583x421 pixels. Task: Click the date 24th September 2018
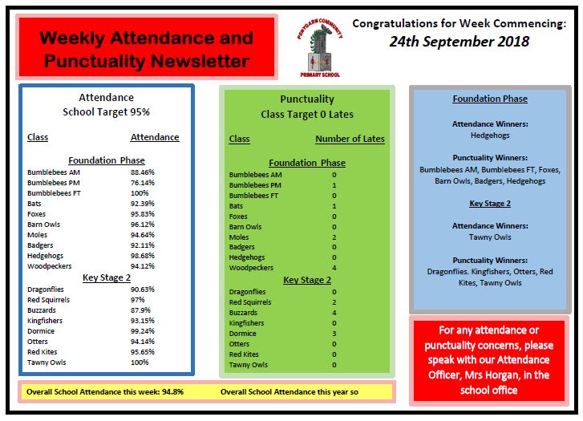pos(460,43)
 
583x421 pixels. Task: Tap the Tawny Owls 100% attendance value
pos(141,362)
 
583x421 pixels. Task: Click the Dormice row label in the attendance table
pos(41,331)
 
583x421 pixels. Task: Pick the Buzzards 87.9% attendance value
pos(142,310)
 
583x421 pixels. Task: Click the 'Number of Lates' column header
pos(350,139)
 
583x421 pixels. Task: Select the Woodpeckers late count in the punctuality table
pos(334,268)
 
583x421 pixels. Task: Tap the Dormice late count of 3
pos(334,334)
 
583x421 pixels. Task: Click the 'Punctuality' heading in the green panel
pos(307,99)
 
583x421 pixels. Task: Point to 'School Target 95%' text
pos(107,112)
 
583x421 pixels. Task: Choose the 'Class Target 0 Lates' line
pos(307,115)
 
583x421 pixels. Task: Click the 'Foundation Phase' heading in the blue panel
pos(490,99)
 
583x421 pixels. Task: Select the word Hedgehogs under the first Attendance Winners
pos(489,136)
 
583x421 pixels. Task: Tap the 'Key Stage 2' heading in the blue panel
pos(489,203)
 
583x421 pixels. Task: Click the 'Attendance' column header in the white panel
pos(155,137)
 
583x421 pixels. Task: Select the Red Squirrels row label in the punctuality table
pos(250,302)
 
